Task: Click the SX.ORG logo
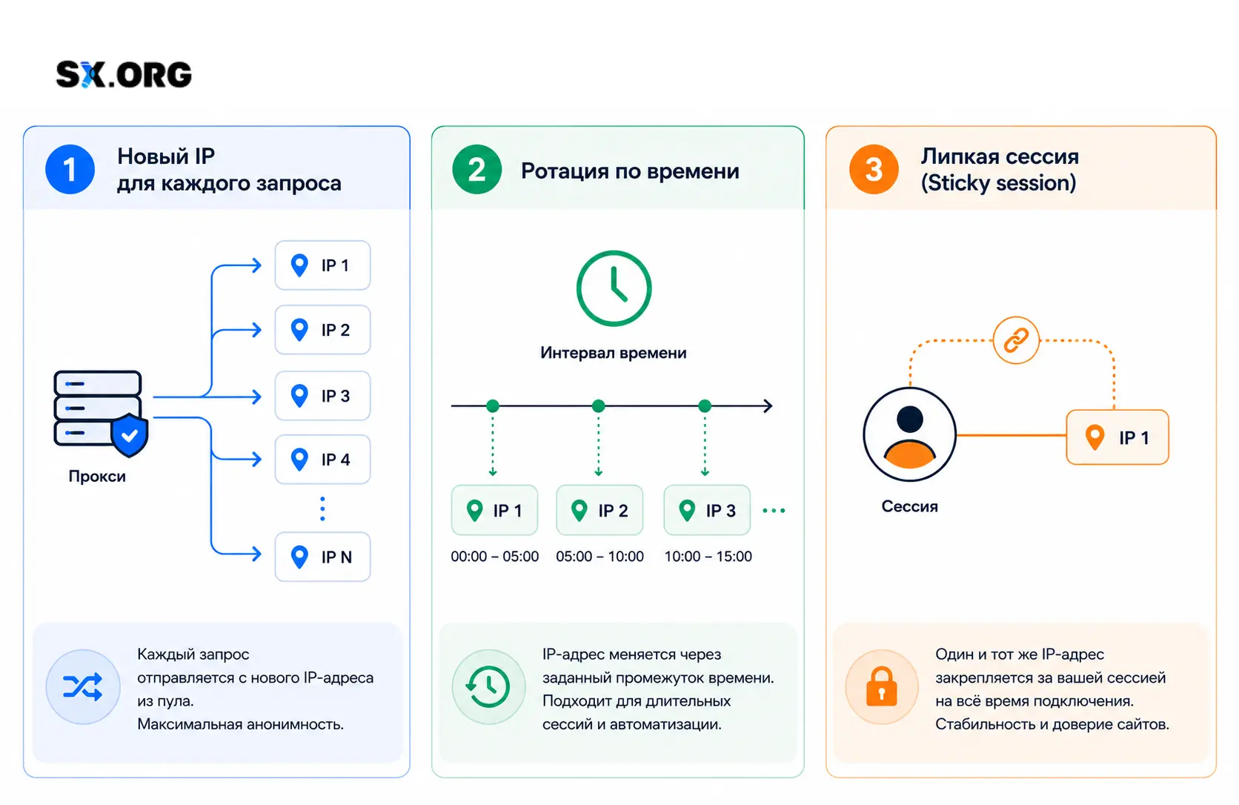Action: pyautogui.click(x=124, y=75)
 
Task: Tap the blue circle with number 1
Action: pyautogui.click(x=70, y=169)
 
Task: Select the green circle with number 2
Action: pyautogui.click(x=476, y=169)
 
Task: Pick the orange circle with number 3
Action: pyautogui.click(x=874, y=169)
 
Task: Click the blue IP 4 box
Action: pyautogui.click(x=322, y=460)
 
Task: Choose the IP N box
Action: pyautogui.click(x=322, y=557)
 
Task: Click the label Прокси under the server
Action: pyautogui.click(x=97, y=477)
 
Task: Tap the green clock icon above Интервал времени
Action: pyautogui.click(x=614, y=288)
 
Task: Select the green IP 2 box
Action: pyautogui.click(x=599, y=510)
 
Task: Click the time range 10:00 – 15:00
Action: pyautogui.click(x=708, y=556)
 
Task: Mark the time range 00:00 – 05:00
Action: pyautogui.click(x=494, y=556)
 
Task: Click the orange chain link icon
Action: pyautogui.click(x=1016, y=339)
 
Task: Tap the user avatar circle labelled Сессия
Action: pyautogui.click(x=909, y=434)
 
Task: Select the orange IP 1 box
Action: pyautogui.click(x=1117, y=437)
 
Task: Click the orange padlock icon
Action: pyautogui.click(x=882, y=686)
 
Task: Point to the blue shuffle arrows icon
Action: pyautogui.click(x=83, y=686)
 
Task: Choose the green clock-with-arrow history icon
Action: pyautogui.click(x=488, y=686)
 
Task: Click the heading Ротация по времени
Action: pyautogui.click(x=630, y=171)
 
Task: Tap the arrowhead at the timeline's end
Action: pyautogui.click(x=768, y=406)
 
